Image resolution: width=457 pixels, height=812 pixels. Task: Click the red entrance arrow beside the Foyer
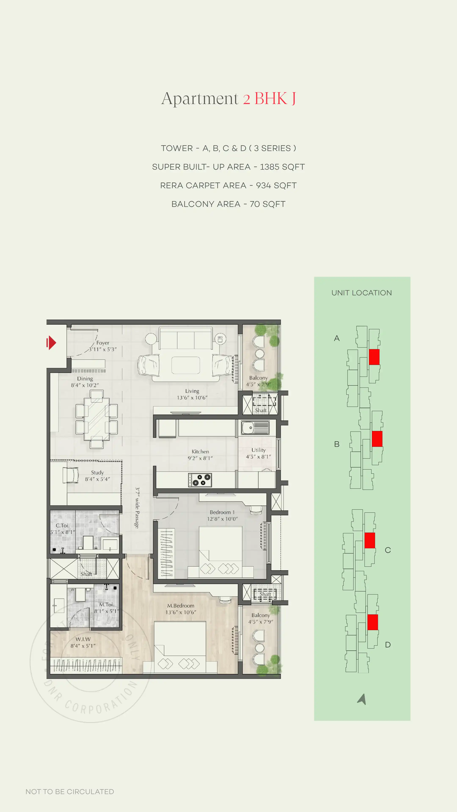pos(51,343)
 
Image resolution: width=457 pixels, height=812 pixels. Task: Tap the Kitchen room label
pos(200,452)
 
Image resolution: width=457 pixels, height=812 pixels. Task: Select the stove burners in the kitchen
pos(200,480)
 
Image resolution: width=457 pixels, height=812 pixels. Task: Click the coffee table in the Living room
pos(186,365)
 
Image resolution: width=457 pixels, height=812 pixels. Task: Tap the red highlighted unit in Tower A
pos(374,357)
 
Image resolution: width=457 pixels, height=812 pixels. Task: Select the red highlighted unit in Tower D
pos(372,622)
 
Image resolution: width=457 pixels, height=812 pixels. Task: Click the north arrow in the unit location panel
pos(362,699)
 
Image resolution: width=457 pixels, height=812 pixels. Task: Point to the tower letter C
pos(388,550)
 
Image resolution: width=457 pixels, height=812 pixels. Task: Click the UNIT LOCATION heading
pos(361,293)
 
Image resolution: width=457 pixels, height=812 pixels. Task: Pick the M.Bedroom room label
pos(181,606)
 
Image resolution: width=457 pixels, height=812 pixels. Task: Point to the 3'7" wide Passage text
pos(137,507)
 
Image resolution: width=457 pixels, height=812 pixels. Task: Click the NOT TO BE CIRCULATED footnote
pos(70,791)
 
